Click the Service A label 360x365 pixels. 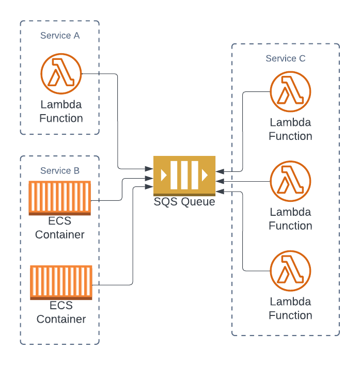click(x=60, y=36)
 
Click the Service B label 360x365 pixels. click(x=60, y=170)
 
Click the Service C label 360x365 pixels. click(x=285, y=58)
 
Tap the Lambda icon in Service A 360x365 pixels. click(x=61, y=74)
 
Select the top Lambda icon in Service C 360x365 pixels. click(x=290, y=92)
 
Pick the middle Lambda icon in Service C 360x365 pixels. click(x=290, y=181)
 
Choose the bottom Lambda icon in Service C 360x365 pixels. click(x=290, y=271)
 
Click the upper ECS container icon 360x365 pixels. click(x=60, y=197)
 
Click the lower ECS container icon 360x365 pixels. click(x=61, y=282)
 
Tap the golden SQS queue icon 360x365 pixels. click(x=184, y=175)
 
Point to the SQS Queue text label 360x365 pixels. click(x=184, y=201)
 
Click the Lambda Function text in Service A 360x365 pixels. click(x=61, y=112)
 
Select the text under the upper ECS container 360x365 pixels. click(x=60, y=228)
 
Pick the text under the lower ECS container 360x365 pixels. click(x=61, y=312)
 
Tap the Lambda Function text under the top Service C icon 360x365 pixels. click(x=290, y=129)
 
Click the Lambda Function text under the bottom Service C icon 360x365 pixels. click(x=290, y=308)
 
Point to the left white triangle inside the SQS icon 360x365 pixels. click(x=164, y=175)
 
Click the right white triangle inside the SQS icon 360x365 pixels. click(x=205, y=175)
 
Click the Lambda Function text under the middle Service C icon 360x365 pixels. click(x=290, y=219)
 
